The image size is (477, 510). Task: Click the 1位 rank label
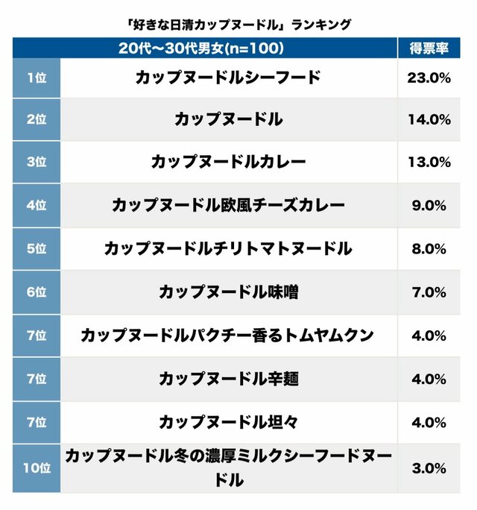tap(36, 77)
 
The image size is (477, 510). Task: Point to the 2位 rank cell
tap(36, 119)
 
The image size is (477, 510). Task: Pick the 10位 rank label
tap(36, 468)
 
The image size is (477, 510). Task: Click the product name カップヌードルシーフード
tap(228, 77)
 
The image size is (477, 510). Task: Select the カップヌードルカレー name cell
tap(228, 162)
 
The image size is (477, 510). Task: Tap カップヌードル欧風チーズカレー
tap(228, 205)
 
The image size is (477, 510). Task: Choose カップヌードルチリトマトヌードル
tap(228, 248)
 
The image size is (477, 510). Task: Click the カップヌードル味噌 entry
tap(228, 292)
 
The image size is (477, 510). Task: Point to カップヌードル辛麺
tap(228, 379)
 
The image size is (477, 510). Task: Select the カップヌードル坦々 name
tap(228, 422)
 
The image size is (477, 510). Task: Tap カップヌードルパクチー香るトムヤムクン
tap(228, 336)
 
